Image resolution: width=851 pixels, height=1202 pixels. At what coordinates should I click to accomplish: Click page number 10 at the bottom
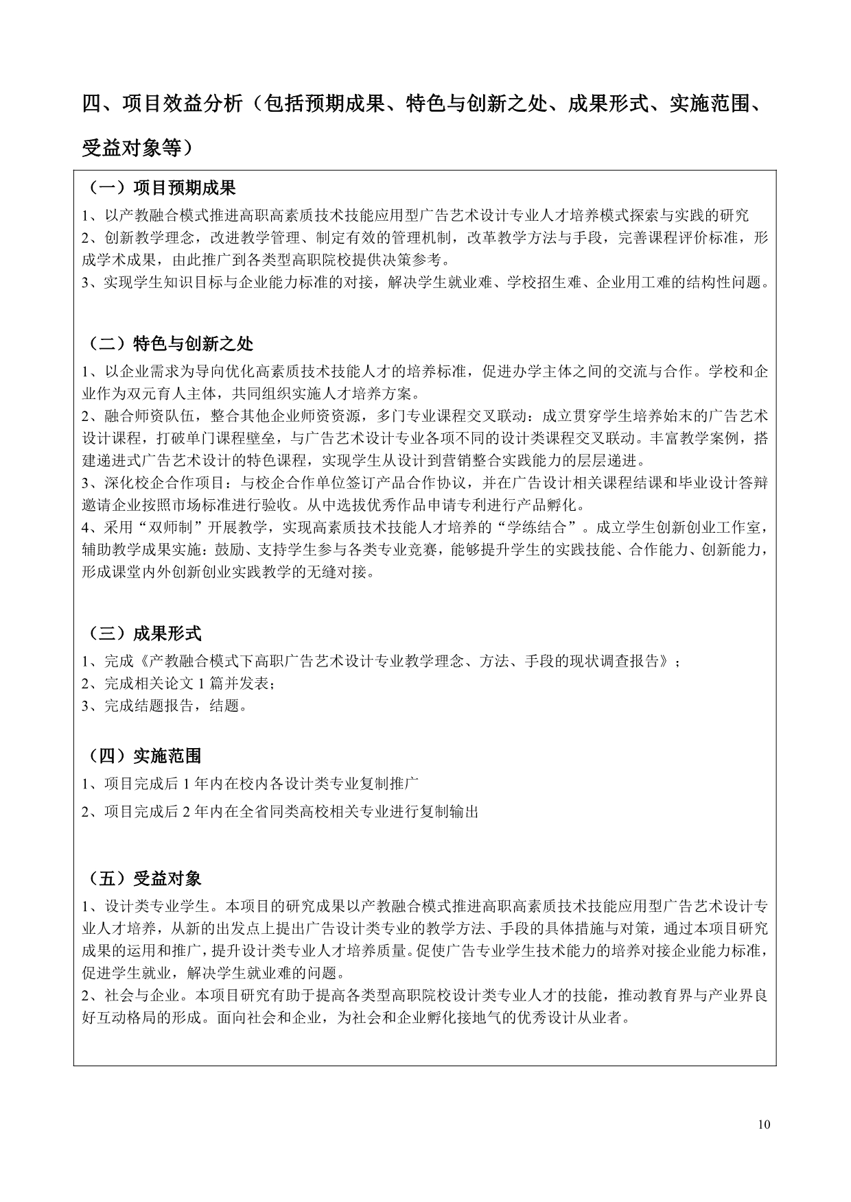[765, 1125]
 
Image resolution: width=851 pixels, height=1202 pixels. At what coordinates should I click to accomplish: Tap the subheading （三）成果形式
[144, 633]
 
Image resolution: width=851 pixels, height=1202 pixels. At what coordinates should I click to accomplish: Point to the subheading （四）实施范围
[144, 756]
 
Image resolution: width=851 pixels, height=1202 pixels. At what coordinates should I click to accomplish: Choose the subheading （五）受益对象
[144, 878]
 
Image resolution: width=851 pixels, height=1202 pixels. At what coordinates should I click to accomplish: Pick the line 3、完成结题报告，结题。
[165, 706]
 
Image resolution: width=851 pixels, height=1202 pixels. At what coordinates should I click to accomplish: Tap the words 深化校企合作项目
[148, 483]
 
